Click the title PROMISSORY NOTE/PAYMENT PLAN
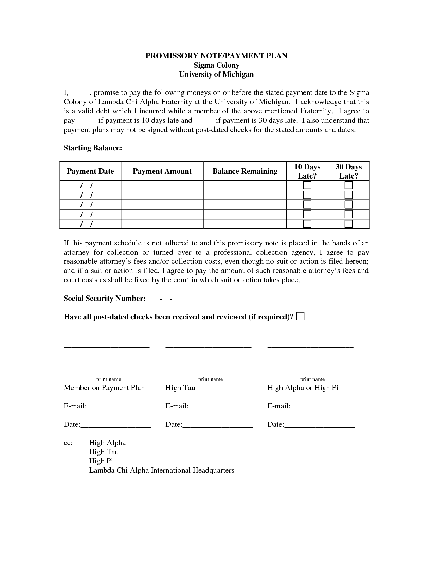216,56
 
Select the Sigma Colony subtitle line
216,65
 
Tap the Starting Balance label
92,148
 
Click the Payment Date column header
90,171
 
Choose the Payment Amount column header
162,171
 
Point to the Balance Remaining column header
245,171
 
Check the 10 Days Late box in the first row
307,185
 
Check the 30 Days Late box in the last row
348,224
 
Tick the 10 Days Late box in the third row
307,205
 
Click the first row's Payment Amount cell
162,185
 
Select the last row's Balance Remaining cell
245,224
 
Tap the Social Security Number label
105,299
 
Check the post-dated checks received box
300,317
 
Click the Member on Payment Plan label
104,388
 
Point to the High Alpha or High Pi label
303,388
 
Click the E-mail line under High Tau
222,407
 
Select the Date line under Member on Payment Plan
115,425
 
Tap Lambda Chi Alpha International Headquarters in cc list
161,470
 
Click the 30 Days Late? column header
348,171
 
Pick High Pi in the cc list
101,461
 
